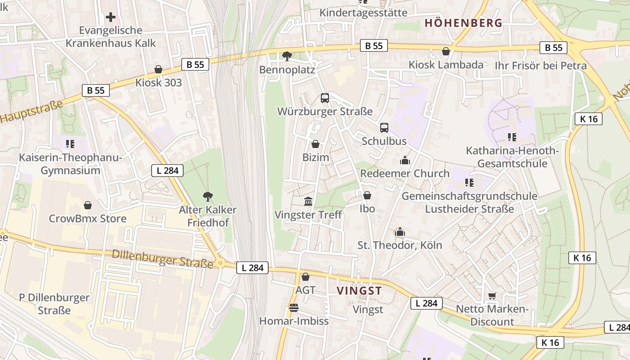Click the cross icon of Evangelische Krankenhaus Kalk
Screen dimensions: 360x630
click(x=111, y=18)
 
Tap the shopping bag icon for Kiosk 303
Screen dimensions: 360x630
click(x=158, y=69)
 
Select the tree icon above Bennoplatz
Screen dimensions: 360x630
click(x=287, y=56)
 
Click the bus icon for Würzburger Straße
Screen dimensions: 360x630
click(x=324, y=98)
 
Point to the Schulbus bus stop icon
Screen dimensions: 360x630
click(x=384, y=128)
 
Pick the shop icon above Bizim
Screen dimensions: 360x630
click(x=315, y=144)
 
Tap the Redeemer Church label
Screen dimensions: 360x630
click(x=405, y=173)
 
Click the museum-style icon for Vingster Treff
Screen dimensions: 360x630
click(x=308, y=201)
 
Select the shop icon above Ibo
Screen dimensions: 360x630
click(x=367, y=196)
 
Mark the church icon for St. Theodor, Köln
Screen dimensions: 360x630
click(x=400, y=232)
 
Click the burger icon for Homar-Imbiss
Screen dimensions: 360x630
click(x=294, y=308)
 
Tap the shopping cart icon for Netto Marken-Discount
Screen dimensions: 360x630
click(x=492, y=296)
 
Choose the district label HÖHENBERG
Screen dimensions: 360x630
click(x=463, y=23)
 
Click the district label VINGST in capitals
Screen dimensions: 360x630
click(x=359, y=291)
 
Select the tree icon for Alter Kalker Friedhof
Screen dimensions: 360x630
click(x=207, y=196)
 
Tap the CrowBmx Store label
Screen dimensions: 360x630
click(x=87, y=219)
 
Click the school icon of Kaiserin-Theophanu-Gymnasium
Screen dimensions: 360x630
click(x=70, y=144)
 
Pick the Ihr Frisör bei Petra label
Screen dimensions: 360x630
click(x=540, y=66)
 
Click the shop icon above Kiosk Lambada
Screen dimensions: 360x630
click(x=445, y=52)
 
